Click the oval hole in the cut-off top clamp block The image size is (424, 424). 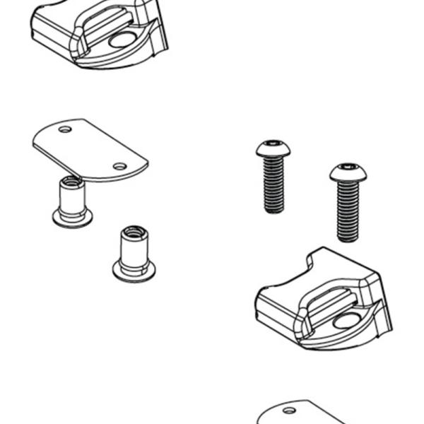point(122,40)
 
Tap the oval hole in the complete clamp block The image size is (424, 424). point(346,321)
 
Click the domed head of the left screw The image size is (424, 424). point(273,149)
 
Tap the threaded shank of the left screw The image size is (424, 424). point(273,185)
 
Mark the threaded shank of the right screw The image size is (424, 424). point(348,211)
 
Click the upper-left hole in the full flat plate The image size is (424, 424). point(65,130)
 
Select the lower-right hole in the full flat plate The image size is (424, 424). point(120,167)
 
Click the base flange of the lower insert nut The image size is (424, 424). point(134,271)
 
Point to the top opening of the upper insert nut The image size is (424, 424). point(72,182)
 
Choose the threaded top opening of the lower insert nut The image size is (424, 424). point(134,232)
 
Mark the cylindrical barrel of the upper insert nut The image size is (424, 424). point(72,200)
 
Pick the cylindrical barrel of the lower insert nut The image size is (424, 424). point(134,250)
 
